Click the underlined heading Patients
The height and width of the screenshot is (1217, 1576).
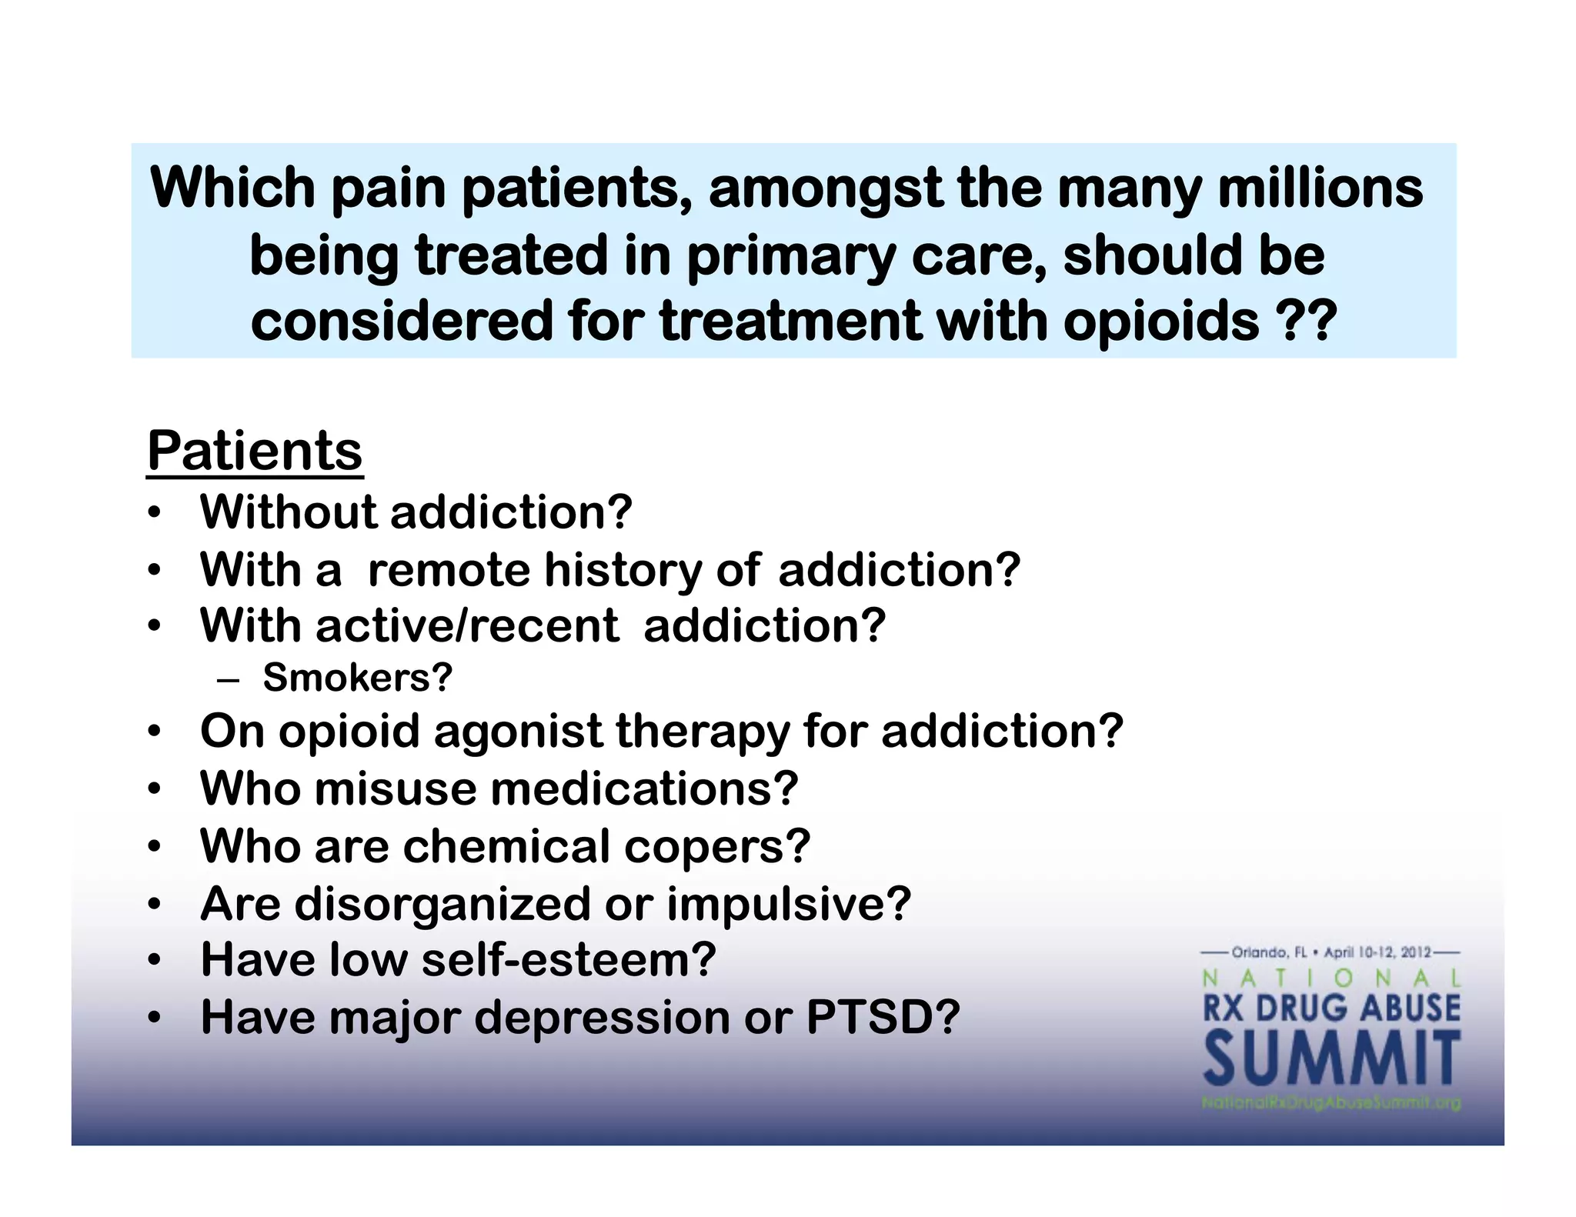(x=255, y=452)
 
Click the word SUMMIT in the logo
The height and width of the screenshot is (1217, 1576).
(x=1331, y=1060)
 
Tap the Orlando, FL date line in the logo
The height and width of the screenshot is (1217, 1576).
(x=1331, y=953)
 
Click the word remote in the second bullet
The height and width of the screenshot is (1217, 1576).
(x=449, y=570)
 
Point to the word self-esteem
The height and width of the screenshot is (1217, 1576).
(x=559, y=960)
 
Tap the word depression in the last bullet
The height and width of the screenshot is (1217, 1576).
(x=602, y=1019)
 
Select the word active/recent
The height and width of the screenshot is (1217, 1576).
(x=467, y=626)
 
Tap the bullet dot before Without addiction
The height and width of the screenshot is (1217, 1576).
(x=155, y=513)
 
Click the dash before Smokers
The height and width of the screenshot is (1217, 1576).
(x=229, y=680)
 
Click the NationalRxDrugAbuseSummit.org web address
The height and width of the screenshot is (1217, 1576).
(x=1331, y=1103)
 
